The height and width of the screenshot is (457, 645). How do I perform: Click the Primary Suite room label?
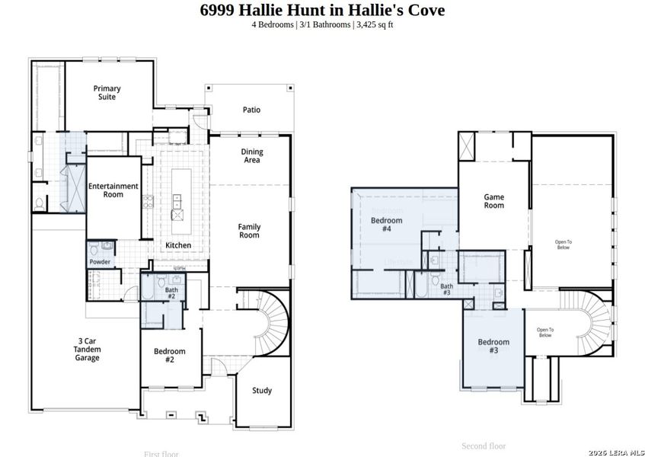click(x=107, y=93)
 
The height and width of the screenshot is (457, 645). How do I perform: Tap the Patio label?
click(x=251, y=110)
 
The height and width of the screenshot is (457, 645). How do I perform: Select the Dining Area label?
click(x=252, y=156)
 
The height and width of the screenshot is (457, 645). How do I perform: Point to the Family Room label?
click(x=249, y=231)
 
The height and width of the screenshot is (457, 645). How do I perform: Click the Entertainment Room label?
click(x=113, y=190)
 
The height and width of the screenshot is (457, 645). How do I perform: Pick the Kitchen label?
click(x=178, y=245)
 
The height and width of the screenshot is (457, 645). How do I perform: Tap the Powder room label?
click(x=100, y=262)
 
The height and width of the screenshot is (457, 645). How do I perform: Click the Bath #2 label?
click(x=171, y=292)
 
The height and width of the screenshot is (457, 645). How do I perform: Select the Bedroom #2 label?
click(x=169, y=355)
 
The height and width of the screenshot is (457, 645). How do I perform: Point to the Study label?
click(x=262, y=391)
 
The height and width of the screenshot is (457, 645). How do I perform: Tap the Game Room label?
click(x=494, y=201)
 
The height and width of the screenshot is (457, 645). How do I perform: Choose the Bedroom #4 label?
click(x=386, y=224)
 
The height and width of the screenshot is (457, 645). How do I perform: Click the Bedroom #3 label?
click(x=493, y=346)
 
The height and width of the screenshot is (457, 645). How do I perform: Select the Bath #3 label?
click(x=446, y=289)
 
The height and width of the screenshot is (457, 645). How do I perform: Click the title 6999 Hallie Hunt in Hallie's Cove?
click(x=322, y=10)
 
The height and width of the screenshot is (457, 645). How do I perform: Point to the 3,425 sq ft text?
click(x=375, y=24)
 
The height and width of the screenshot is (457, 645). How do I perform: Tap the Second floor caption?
click(x=484, y=446)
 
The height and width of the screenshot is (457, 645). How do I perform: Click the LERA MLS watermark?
click(x=616, y=452)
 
